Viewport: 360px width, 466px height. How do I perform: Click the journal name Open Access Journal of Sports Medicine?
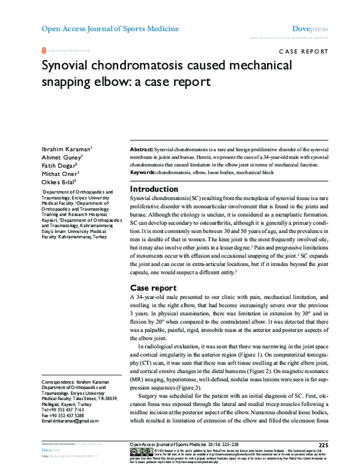[x=110, y=28]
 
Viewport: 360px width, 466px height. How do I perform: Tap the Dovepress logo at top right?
[x=310, y=28]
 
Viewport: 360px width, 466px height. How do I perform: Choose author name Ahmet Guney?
[x=61, y=157]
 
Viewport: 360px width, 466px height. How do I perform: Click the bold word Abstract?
[x=142, y=148]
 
